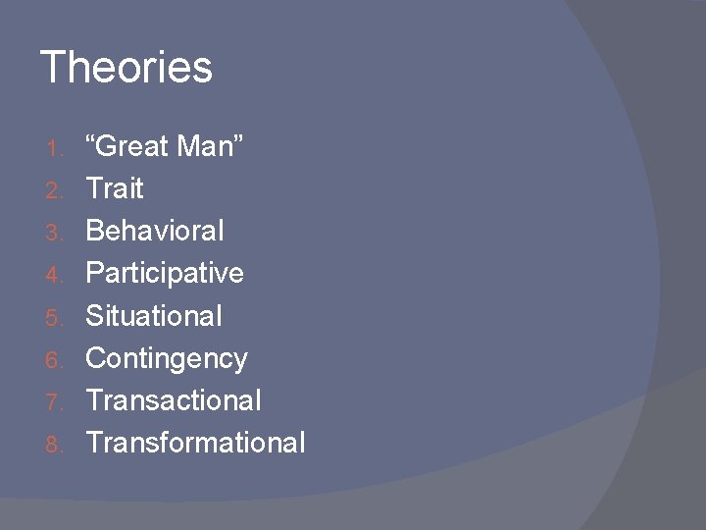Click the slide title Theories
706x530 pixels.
click(x=126, y=68)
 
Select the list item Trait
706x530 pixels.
click(x=115, y=188)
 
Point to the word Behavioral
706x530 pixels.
click(x=155, y=231)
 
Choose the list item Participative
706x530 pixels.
click(x=165, y=273)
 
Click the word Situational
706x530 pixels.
click(x=154, y=315)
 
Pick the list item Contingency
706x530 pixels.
click(x=167, y=358)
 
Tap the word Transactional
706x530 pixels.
click(x=174, y=400)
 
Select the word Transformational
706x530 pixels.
click(x=196, y=443)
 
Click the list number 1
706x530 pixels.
click(x=55, y=148)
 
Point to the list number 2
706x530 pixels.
click(x=55, y=190)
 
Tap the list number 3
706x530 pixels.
click(x=55, y=233)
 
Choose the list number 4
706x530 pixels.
click(x=55, y=275)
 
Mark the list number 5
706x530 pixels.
click(x=55, y=317)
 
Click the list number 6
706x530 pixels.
click(x=55, y=359)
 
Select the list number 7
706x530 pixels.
click(x=55, y=401)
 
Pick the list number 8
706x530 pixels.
click(x=55, y=444)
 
